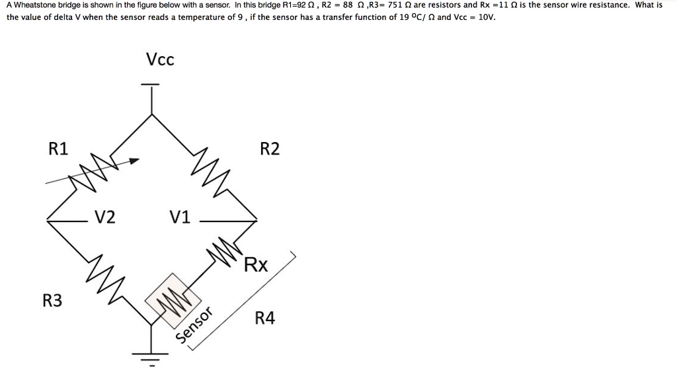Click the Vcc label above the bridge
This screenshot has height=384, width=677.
point(160,60)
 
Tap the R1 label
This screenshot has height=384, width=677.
point(58,149)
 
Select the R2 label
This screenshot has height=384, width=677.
point(270,149)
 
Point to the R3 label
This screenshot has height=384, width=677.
point(52,301)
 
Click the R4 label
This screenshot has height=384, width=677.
point(264,319)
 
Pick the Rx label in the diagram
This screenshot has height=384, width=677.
point(256,266)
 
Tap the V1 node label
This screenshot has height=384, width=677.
point(179,217)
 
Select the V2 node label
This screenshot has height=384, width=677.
point(104,217)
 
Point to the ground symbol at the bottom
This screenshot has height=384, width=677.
point(151,360)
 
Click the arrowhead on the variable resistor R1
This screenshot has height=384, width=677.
point(134,160)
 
